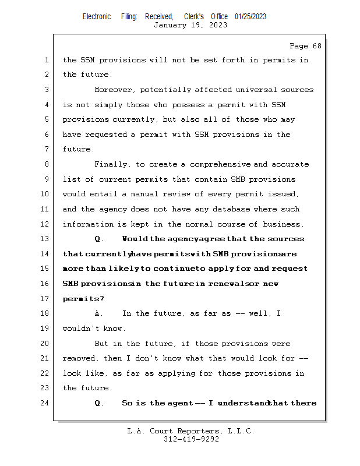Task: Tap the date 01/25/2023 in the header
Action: (250, 17)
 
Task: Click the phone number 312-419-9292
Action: (191, 440)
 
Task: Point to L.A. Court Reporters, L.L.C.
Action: (190, 432)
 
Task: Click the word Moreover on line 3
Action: (110, 90)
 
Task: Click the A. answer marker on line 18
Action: (98, 313)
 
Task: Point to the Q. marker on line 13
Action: (98, 239)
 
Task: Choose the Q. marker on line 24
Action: (98, 403)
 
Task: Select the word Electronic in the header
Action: (97, 17)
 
